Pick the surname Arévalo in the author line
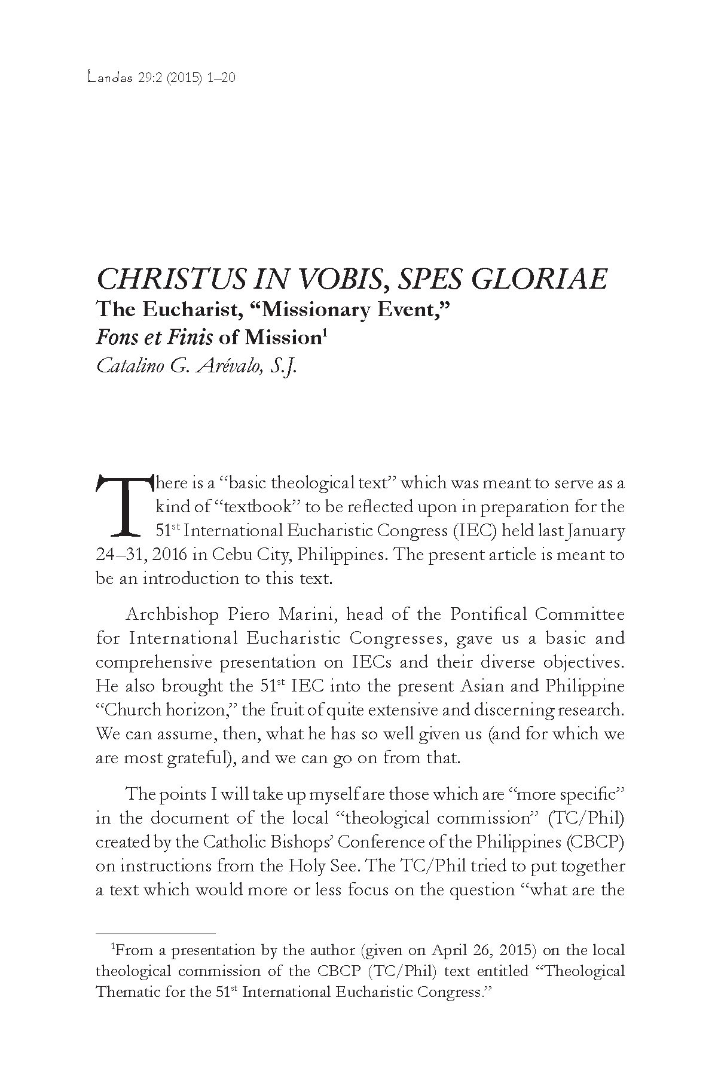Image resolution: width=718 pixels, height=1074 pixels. coord(227,365)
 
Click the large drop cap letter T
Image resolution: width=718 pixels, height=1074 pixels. coord(123,505)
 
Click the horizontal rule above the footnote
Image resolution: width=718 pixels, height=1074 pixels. coord(155,933)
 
